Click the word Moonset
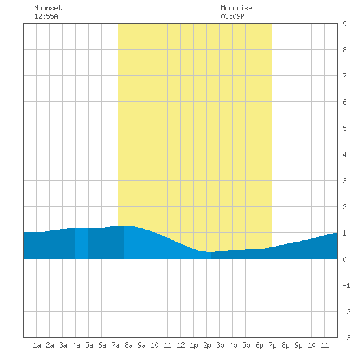pos(48,8)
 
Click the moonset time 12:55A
pos(46,16)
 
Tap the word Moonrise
pos(236,8)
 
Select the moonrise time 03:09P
pos(232,16)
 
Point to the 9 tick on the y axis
pos(344,24)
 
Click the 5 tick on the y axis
pos(344,128)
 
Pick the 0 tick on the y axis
pos(344,259)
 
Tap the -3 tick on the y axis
pos(346,338)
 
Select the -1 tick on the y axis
pos(346,285)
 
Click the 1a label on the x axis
pos(37,345)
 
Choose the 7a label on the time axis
pos(115,345)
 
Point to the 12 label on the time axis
pos(181,345)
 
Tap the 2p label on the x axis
pos(207,345)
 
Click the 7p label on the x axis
pos(272,345)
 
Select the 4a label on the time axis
pos(76,345)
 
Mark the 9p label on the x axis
pos(298,345)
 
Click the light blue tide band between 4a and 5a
pos(82,244)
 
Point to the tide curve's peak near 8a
pos(124,226)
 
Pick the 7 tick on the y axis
pos(344,76)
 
